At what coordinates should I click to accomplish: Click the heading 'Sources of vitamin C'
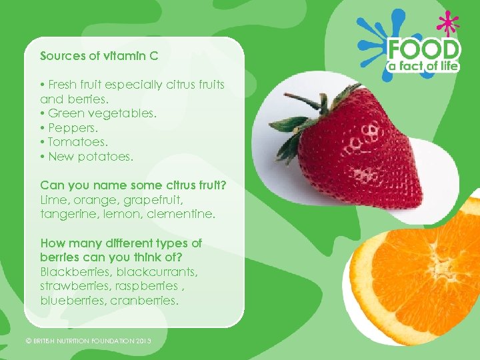tap(99, 56)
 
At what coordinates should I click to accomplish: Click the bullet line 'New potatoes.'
tap(87, 157)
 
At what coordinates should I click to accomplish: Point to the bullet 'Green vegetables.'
tap(99, 113)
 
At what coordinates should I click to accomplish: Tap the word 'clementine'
tap(181, 214)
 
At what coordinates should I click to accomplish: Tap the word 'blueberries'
tap(71, 301)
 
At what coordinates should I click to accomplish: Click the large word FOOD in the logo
tap(424, 49)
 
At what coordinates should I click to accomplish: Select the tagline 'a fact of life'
tap(424, 66)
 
